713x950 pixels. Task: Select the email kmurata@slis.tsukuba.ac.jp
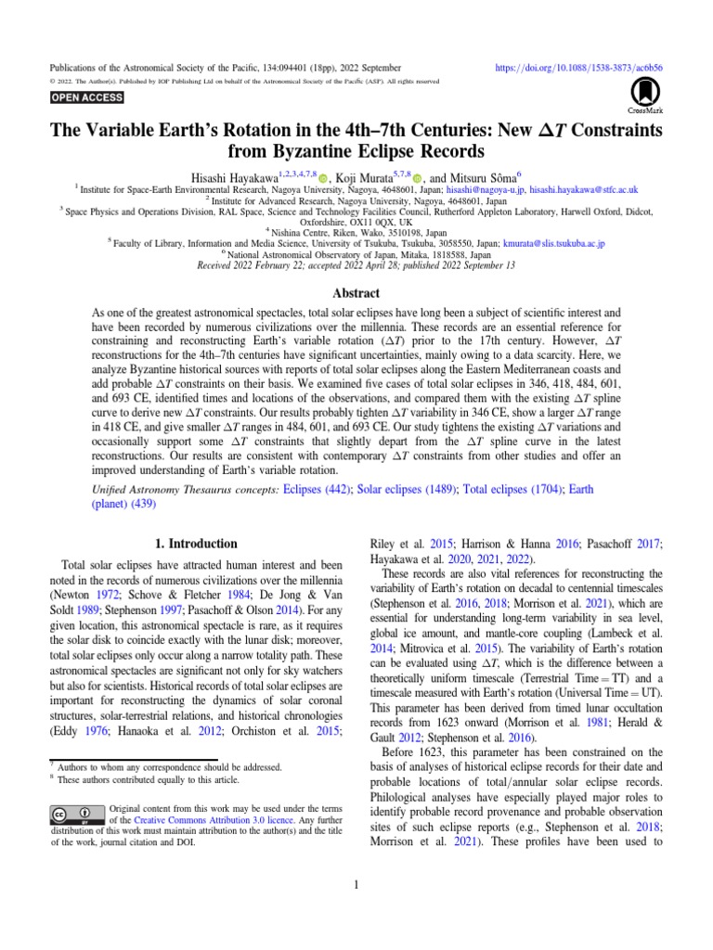553,244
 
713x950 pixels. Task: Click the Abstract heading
356,292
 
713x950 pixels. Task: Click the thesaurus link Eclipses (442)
315,489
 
